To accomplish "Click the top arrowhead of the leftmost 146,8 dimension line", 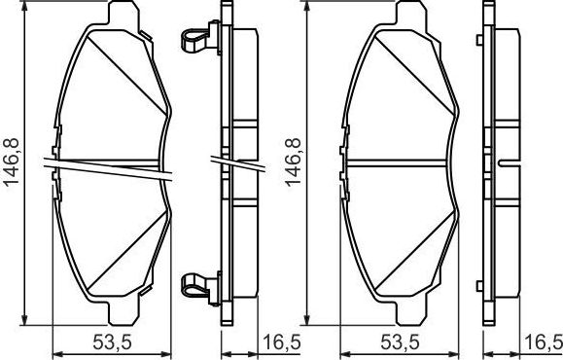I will tap(25, 12).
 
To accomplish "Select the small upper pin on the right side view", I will tap(481, 40).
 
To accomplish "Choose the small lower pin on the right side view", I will tap(481, 284).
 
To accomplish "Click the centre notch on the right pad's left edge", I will tap(346, 162).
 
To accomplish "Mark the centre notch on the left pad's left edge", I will tap(57, 162).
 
